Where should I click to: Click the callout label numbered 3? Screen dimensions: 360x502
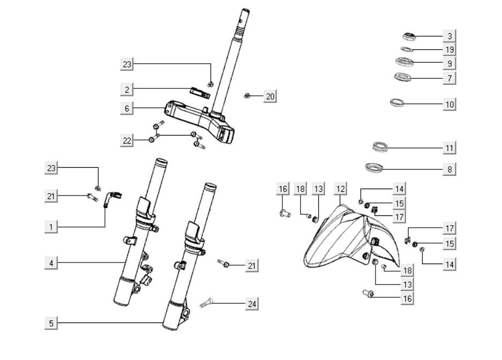[449, 36]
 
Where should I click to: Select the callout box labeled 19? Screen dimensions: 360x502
[449, 50]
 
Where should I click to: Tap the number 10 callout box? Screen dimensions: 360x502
[449, 104]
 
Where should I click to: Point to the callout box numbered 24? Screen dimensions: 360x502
[252, 304]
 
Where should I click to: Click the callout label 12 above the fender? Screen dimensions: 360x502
[340, 189]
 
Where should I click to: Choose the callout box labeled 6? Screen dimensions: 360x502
[126, 109]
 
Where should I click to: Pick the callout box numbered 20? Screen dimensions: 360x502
[270, 96]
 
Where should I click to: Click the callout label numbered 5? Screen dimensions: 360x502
[51, 323]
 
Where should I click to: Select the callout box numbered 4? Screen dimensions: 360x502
[51, 263]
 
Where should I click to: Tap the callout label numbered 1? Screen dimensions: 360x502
[51, 227]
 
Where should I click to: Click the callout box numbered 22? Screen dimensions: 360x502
[126, 140]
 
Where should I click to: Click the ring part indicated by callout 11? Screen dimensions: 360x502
[380, 146]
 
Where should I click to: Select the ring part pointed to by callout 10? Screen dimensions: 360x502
[397, 102]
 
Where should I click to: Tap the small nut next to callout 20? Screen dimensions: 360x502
[247, 96]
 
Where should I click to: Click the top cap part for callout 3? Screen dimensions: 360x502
[409, 36]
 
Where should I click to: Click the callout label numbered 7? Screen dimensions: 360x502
[449, 78]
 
